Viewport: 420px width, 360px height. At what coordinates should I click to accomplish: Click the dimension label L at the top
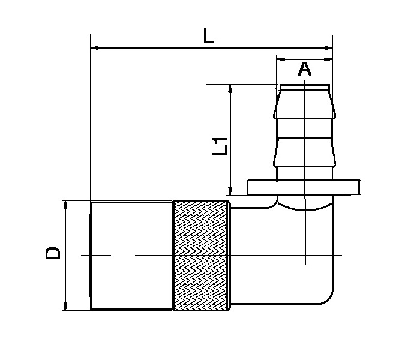(x=208, y=36)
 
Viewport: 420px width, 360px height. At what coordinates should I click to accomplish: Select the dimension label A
(x=305, y=70)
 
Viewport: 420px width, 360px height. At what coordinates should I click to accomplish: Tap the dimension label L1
(x=221, y=146)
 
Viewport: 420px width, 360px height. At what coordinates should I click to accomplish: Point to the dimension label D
(x=53, y=253)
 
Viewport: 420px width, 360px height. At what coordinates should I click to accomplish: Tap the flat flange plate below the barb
(x=304, y=187)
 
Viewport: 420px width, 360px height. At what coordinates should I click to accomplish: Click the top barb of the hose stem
(x=304, y=102)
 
